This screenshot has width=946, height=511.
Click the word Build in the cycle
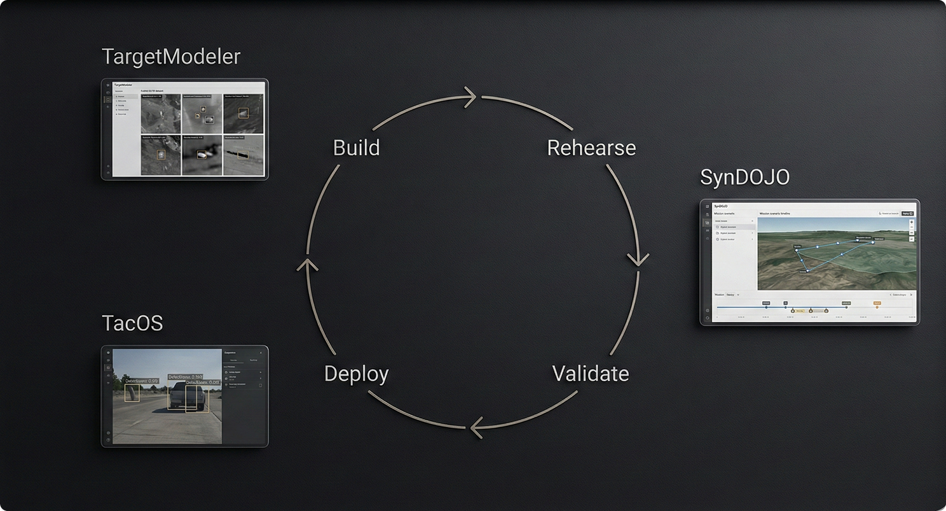[x=356, y=148]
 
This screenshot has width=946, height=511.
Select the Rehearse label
[x=591, y=148]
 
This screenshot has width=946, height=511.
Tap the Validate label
[x=591, y=373]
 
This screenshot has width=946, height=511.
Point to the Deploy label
[x=356, y=374]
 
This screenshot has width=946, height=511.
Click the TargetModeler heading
[x=171, y=57]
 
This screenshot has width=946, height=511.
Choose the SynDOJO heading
[x=744, y=178]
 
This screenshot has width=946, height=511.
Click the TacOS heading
[x=132, y=323]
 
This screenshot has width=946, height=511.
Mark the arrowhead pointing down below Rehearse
[x=638, y=259]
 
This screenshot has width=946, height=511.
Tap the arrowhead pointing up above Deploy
[x=307, y=265]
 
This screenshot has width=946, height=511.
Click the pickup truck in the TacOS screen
[x=188, y=397]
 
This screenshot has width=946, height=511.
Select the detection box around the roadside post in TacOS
[x=132, y=393]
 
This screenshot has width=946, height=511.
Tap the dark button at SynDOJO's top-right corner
[x=907, y=213]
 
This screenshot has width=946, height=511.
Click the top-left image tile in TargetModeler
[x=161, y=115]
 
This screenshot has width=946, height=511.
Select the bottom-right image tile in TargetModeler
[x=242, y=155]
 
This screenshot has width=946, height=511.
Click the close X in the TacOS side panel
[x=261, y=353]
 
